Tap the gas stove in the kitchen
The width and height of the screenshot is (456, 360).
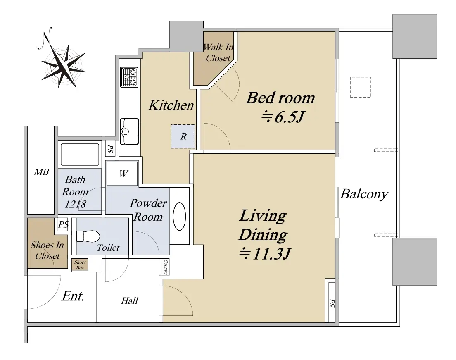(x=129, y=77)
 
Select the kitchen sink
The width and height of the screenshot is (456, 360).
(x=129, y=131)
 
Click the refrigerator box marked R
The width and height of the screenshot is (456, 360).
(x=183, y=136)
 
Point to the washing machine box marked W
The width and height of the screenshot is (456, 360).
(x=122, y=174)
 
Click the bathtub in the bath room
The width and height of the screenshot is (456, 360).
(x=80, y=155)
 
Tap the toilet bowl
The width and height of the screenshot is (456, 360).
(x=88, y=236)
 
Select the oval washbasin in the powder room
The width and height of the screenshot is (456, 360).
(x=179, y=217)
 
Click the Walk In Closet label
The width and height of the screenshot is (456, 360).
(x=218, y=52)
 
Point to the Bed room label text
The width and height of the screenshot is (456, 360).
(x=280, y=98)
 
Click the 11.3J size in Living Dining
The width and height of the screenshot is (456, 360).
(x=265, y=253)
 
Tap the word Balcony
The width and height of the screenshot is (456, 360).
(x=364, y=194)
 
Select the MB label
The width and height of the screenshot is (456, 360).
(x=41, y=172)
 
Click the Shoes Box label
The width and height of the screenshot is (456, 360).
(x=80, y=265)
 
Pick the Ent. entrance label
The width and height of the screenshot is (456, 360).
(x=73, y=296)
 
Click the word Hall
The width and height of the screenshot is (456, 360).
(x=129, y=300)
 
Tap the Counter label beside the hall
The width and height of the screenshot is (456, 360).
(x=166, y=267)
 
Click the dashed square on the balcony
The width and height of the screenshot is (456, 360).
(x=361, y=87)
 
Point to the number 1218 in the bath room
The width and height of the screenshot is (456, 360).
(x=75, y=204)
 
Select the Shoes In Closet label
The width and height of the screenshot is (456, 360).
(x=47, y=250)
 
